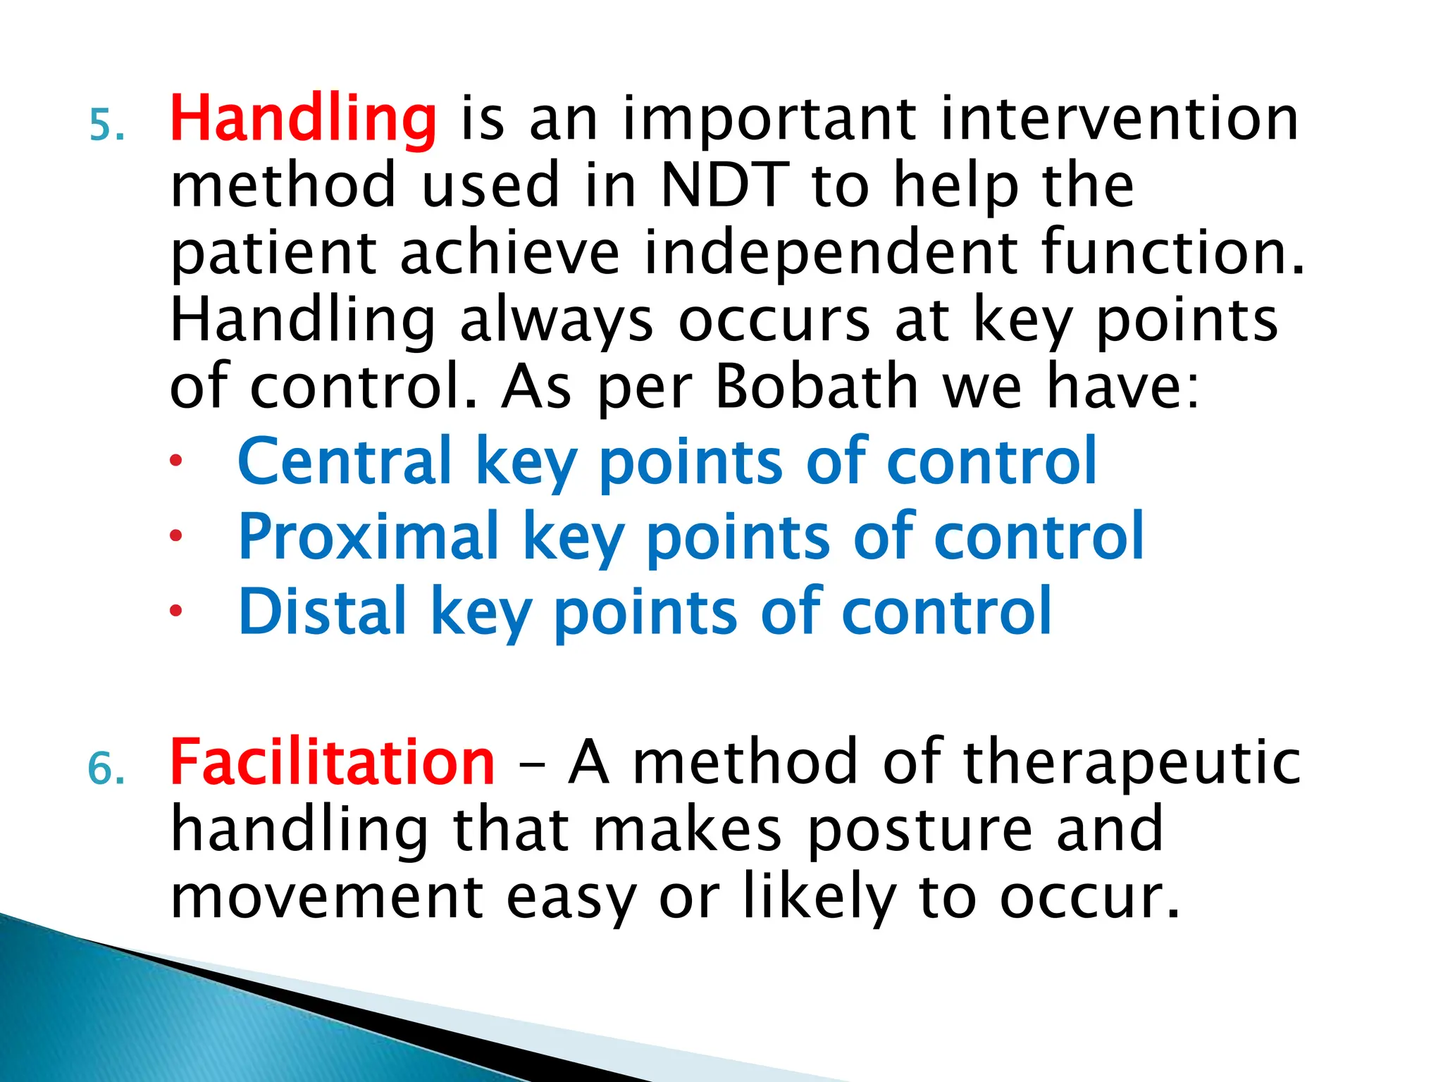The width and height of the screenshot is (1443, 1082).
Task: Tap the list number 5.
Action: pos(107,127)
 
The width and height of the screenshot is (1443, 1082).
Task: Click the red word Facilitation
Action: pos(333,762)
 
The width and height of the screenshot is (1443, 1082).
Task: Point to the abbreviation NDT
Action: pos(725,185)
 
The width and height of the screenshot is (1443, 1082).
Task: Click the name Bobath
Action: pos(817,387)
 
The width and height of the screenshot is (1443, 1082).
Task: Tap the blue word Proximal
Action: pos(369,537)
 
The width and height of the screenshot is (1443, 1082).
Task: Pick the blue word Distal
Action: pos(322,611)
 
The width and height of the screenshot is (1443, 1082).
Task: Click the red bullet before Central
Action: pos(176,462)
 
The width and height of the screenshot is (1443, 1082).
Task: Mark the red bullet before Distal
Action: pos(176,611)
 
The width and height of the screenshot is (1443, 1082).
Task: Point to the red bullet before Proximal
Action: pos(176,536)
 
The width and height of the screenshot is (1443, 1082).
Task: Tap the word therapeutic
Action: pos(1132,762)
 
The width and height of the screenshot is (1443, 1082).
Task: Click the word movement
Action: pos(327,898)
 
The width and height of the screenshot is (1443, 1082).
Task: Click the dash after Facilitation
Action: pos(531,764)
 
